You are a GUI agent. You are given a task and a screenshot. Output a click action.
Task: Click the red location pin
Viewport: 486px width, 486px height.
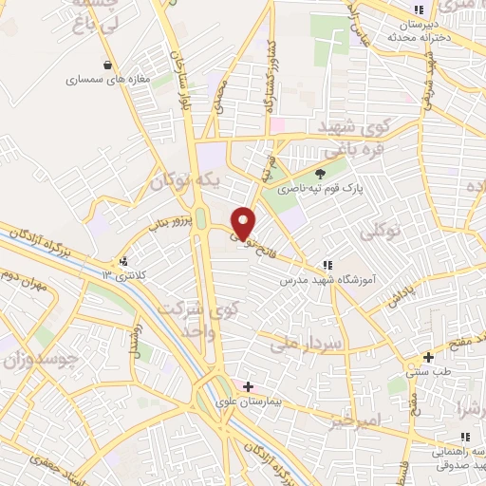[243, 222]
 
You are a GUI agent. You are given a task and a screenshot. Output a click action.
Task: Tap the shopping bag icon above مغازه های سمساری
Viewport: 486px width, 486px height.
[112, 65]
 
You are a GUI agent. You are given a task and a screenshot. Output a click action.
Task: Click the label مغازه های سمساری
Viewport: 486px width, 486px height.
[109, 80]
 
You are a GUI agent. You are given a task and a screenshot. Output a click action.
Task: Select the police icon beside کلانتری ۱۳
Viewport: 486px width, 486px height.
[122, 261]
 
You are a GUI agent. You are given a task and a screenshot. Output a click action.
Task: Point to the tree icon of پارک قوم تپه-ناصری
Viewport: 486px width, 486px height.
[321, 173]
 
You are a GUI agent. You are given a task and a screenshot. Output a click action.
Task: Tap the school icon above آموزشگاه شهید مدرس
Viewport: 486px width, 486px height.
[327, 265]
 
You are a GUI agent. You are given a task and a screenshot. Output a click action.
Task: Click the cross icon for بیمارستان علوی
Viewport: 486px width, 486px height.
[249, 386]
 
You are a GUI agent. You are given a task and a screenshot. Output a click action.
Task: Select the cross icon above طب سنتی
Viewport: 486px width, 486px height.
[429, 357]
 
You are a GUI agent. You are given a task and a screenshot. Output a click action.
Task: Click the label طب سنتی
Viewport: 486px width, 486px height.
[428, 372]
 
